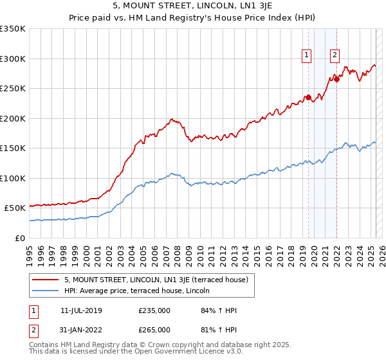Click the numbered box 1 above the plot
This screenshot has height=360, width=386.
point(306,56)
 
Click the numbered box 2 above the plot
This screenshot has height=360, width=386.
point(335,56)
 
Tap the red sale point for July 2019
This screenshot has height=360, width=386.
point(308,98)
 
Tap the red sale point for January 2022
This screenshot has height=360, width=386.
point(336,80)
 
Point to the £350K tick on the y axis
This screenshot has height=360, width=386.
point(13,29)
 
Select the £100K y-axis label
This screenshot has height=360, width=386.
point(13,178)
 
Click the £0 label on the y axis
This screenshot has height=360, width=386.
point(21,238)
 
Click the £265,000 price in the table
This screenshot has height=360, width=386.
point(154,330)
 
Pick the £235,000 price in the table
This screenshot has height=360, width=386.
point(154,310)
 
